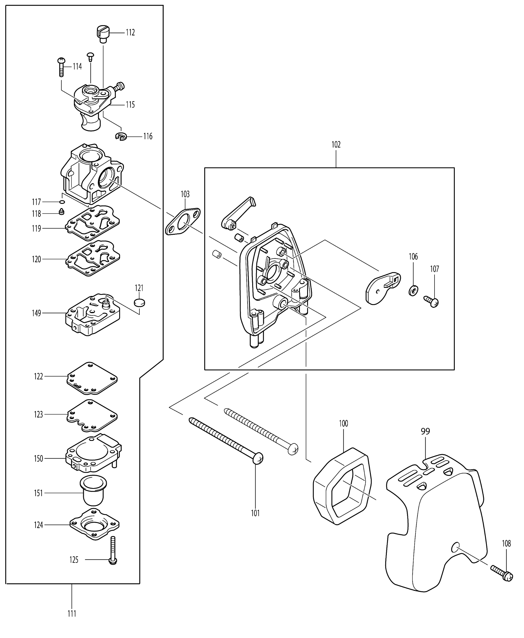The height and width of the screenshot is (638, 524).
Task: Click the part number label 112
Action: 130,32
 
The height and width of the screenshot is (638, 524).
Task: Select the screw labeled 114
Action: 61,67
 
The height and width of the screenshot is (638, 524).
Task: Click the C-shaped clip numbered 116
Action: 121,136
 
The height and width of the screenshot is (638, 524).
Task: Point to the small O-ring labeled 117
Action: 62,202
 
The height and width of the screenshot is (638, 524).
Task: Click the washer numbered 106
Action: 413,291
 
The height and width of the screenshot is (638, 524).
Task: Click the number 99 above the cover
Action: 425,431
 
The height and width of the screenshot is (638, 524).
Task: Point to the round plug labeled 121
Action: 139,302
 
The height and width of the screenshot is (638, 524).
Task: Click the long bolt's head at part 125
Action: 113,561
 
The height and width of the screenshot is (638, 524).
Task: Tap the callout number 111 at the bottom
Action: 72,614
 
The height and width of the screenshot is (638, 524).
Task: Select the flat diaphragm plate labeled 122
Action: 92,378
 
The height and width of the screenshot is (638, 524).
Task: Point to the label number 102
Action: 336,144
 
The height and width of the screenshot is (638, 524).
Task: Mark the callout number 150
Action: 38,459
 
